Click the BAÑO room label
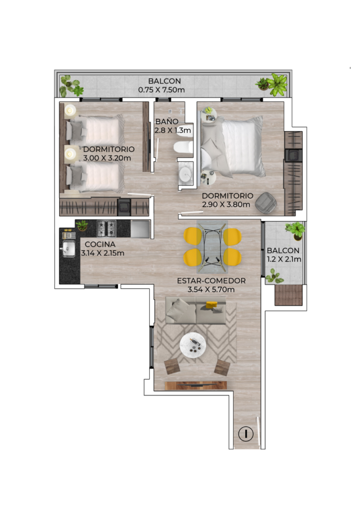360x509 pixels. tap(167, 122)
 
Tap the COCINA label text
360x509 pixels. tap(100, 245)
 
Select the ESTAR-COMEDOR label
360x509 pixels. tap(211, 281)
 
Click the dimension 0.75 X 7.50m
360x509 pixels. tap(161, 90)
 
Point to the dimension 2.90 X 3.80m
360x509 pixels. tap(226, 204)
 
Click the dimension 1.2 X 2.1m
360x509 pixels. tap(284, 259)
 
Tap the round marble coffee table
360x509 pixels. tap(193, 345)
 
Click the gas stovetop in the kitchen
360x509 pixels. tap(106, 229)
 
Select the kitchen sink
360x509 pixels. tap(69, 249)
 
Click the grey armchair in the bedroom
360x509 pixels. tap(266, 203)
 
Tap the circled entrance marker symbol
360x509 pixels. tap(246, 433)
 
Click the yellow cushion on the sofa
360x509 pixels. tap(212, 305)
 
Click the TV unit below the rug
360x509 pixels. tap(196, 385)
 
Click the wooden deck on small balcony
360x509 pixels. tap(288, 295)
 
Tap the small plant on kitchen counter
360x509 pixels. tap(82, 225)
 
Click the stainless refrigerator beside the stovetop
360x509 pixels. tap(140, 229)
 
